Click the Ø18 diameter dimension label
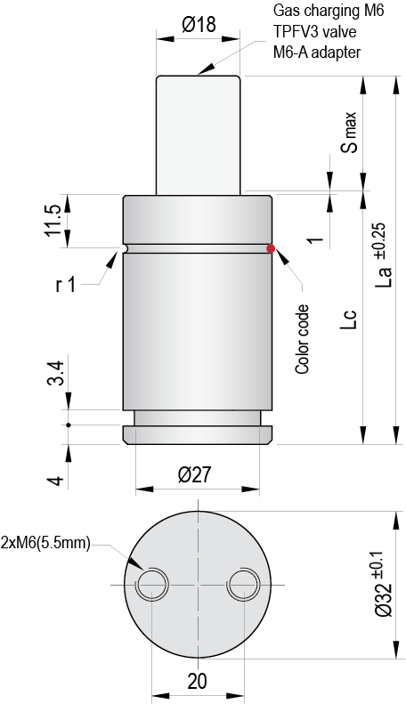(199, 25)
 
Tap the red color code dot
(271, 248)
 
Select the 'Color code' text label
(303, 337)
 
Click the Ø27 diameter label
(197, 475)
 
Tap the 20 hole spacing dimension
(197, 681)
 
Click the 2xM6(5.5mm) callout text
(45, 543)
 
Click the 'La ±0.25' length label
(383, 258)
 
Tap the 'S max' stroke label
(349, 134)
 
